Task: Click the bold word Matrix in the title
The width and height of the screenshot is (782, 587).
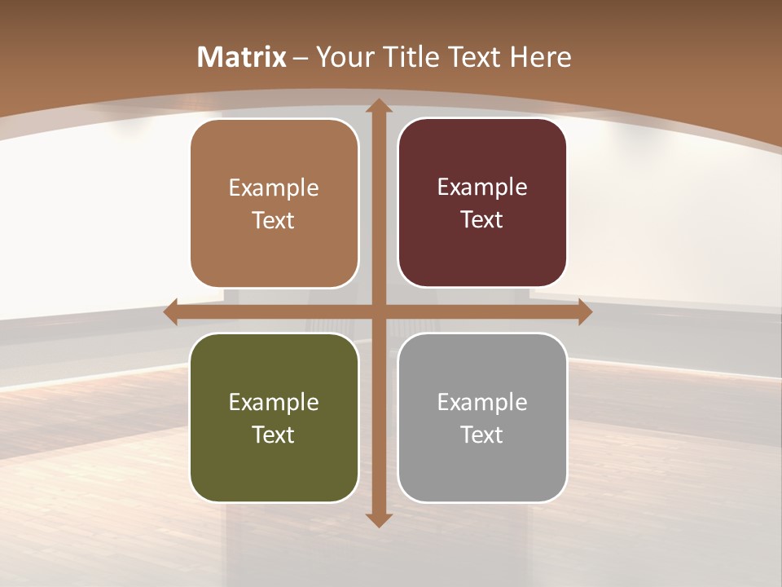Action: [242, 57]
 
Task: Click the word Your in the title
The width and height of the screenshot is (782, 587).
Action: [342, 57]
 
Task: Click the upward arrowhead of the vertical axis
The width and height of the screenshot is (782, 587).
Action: [378, 106]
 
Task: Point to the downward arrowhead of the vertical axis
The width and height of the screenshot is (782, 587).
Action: [378, 519]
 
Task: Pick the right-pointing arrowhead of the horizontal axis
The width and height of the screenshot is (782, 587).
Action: [584, 312]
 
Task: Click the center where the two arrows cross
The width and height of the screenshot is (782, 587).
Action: [378, 312]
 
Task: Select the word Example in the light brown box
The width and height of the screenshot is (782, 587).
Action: [274, 188]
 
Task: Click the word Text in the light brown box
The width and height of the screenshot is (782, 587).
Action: [274, 221]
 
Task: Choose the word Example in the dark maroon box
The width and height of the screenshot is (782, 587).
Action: [482, 188]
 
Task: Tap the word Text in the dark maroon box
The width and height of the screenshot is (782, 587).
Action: [482, 220]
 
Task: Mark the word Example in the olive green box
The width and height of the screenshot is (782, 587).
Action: [274, 403]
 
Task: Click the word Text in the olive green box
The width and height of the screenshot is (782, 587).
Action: [274, 435]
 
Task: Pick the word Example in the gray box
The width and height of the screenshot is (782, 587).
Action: [482, 403]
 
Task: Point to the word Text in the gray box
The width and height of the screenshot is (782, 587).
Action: [482, 435]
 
